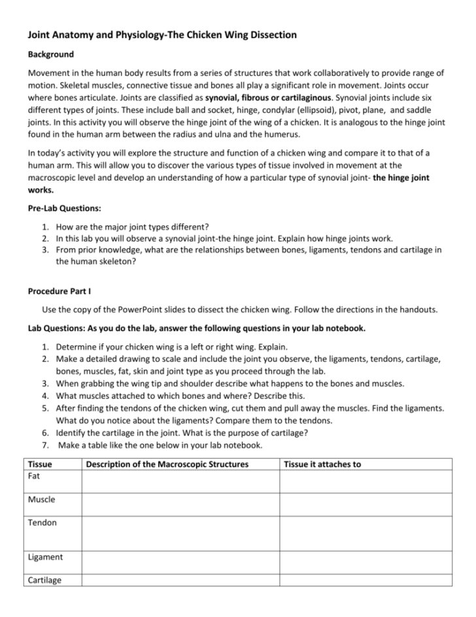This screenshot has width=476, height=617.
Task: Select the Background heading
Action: click(50, 54)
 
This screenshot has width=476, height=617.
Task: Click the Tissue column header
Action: click(40, 464)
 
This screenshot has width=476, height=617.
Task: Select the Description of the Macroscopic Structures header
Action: click(167, 464)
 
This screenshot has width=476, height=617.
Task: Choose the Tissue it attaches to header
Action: click(322, 464)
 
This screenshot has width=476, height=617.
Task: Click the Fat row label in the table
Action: click(35, 476)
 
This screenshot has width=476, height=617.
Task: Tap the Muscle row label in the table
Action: click(42, 500)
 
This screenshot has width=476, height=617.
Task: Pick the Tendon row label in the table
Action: click(42, 523)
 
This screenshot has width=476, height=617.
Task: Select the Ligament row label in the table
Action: click(46, 557)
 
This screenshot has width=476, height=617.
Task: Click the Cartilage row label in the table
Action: click(45, 580)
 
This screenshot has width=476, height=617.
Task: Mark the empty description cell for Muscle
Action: click(180, 504)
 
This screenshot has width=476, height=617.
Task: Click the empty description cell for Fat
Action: click(180, 481)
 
